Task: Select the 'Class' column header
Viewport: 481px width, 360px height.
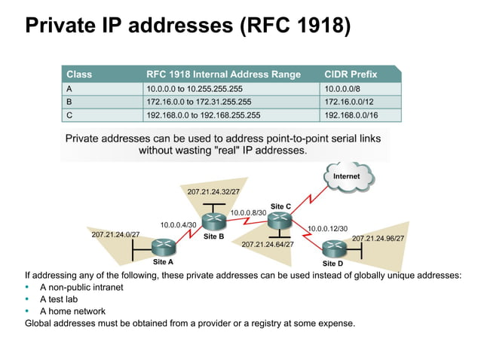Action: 79,75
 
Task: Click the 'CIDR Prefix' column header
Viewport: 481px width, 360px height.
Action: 351,75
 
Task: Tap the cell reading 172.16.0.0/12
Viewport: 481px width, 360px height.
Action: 349,102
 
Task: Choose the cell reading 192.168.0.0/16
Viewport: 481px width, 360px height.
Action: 351,115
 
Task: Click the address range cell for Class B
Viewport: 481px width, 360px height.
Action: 198,102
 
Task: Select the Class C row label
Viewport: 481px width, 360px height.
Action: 70,115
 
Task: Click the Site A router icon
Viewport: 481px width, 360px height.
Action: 163,246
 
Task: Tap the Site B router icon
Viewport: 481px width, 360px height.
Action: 214,221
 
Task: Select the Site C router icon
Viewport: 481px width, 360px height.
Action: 280,220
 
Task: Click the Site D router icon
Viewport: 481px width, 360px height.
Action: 332,248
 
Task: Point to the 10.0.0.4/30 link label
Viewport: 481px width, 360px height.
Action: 179,224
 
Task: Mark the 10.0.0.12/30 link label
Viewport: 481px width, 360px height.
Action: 327,227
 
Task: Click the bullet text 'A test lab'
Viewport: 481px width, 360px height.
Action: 60,299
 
